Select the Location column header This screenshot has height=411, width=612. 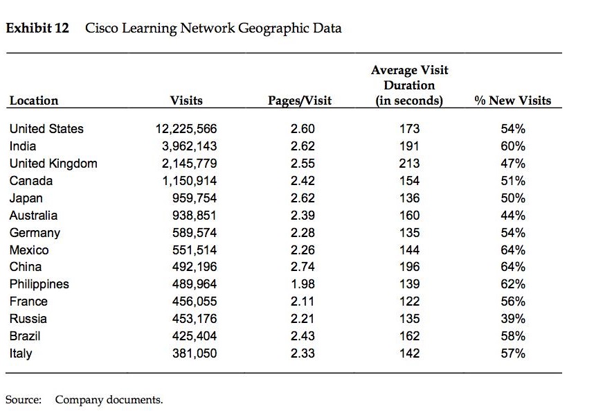point(34,100)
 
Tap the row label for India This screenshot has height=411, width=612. point(23,146)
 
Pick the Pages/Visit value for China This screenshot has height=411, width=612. point(303,267)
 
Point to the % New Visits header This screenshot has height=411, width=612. point(513,100)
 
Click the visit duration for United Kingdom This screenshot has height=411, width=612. point(409,164)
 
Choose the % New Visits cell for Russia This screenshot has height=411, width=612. point(512,319)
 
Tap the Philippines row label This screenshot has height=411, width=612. point(39,284)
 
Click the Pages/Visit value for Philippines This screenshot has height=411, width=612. point(303,284)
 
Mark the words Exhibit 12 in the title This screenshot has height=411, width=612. point(37,29)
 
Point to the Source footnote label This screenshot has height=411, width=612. point(24,400)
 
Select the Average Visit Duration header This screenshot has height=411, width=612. point(409,85)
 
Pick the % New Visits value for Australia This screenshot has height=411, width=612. point(512,216)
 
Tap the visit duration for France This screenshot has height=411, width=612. point(409,301)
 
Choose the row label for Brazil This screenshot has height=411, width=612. point(25,336)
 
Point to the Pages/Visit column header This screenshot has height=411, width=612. point(300,100)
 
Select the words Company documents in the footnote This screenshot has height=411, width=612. point(109,400)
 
